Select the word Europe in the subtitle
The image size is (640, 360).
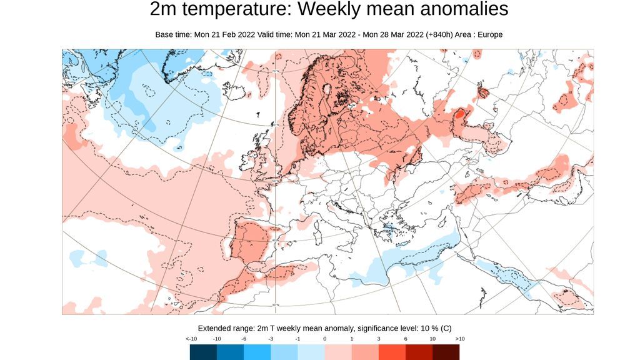click(x=490, y=34)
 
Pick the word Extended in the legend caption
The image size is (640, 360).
click(x=216, y=328)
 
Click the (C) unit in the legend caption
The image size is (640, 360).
click(x=446, y=328)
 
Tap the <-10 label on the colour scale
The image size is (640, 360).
click(x=191, y=339)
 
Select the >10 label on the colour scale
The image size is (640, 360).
click(x=459, y=339)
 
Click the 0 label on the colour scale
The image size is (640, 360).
click(x=325, y=339)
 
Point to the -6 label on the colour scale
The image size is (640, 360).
click(x=244, y=339)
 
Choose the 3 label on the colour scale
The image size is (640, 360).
click(x=379, y=339)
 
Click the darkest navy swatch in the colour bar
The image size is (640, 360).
click(x=204, y=352)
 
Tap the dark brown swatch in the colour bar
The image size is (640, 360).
click(x=446, y=352)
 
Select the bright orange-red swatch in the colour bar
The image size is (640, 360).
click(x=392, y=352)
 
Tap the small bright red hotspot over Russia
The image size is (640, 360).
click(x=459, y=114)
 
